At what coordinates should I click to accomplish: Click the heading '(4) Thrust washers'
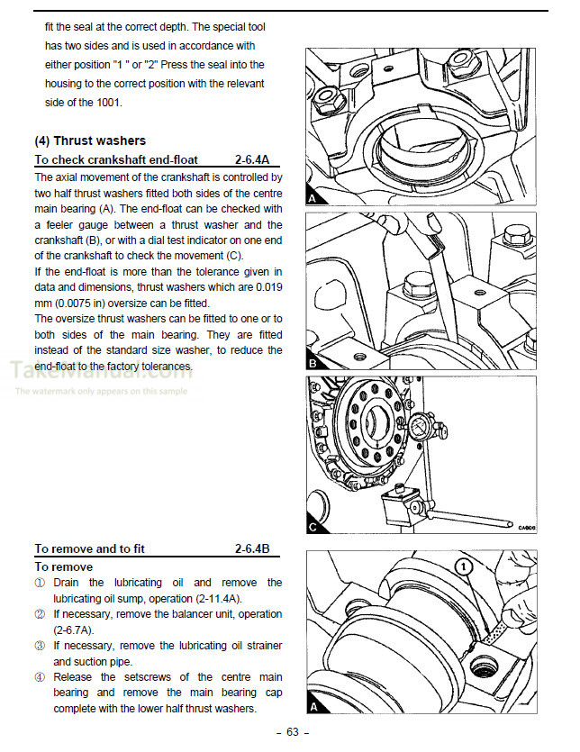(x=89, y=140)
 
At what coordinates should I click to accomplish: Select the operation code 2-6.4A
(x=258, y=160)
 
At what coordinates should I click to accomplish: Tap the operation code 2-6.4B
(x=258, y=548)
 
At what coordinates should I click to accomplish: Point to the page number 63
(x=292, y=731)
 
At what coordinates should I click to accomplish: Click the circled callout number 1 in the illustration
(x=463, y=567)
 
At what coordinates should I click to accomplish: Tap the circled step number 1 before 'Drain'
(x=40, y=583)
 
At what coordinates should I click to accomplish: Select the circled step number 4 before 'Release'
(x=40, y=677)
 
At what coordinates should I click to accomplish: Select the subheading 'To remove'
(x=63, y=566)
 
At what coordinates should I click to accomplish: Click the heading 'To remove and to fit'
(x=89, y=548)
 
